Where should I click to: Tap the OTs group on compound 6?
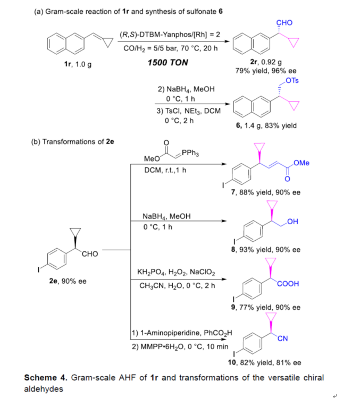(292, 81)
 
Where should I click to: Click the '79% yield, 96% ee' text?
(266, 71)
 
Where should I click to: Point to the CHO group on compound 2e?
(90, 254)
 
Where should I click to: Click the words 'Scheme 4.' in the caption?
(45, 378)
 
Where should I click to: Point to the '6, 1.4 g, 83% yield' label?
(266, 126)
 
